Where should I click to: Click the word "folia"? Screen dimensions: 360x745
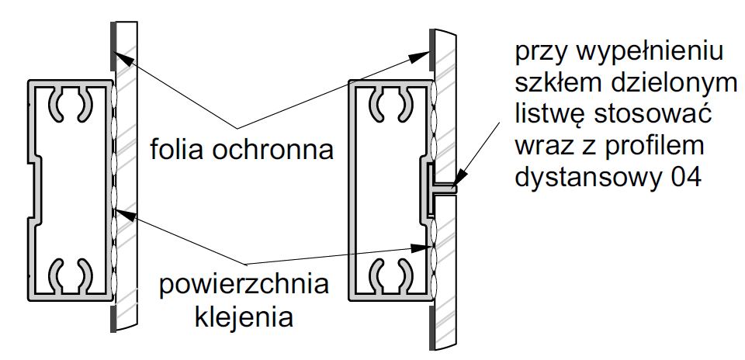click(x=177, y=147)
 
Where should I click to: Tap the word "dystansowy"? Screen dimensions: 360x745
click(x=585, y=178)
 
